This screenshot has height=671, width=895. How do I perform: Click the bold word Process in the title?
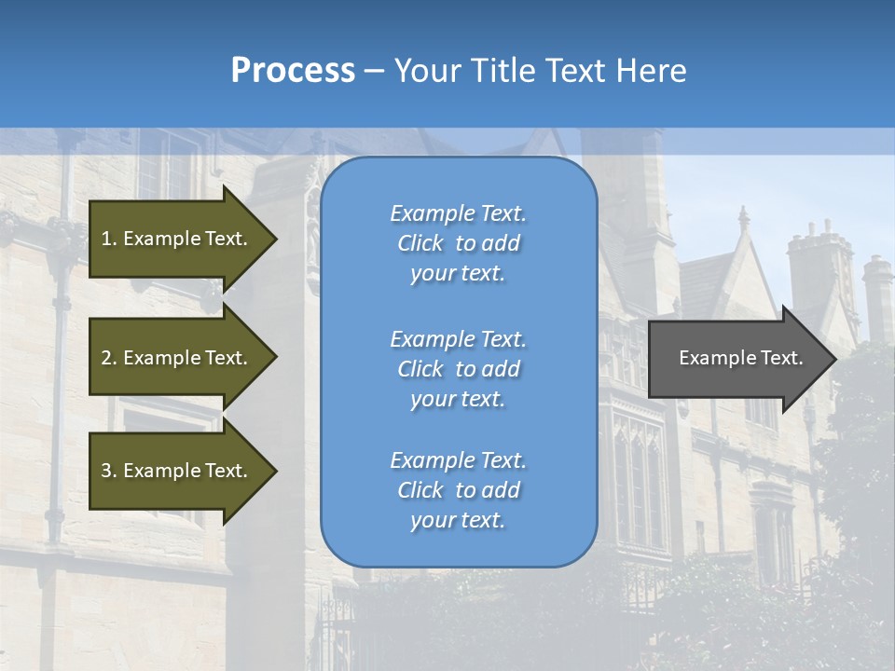pos(293,70)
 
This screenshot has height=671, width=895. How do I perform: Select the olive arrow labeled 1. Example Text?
pos(177,239)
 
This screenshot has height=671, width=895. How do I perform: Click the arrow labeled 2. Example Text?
pos(177,358)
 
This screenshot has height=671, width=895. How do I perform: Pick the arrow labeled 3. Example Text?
pos(177,471)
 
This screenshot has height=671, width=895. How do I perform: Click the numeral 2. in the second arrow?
pos(109,358)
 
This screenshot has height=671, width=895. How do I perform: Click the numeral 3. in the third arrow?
pos(109,471)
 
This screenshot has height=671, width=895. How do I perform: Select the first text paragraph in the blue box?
pos(458,243)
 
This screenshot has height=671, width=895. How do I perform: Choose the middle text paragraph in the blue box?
pos(458,369)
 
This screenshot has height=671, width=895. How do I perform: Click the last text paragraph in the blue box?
pos(458,490)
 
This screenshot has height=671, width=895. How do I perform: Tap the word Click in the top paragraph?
pos(420,243)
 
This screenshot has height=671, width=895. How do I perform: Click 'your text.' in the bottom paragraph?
pos(458,520)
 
